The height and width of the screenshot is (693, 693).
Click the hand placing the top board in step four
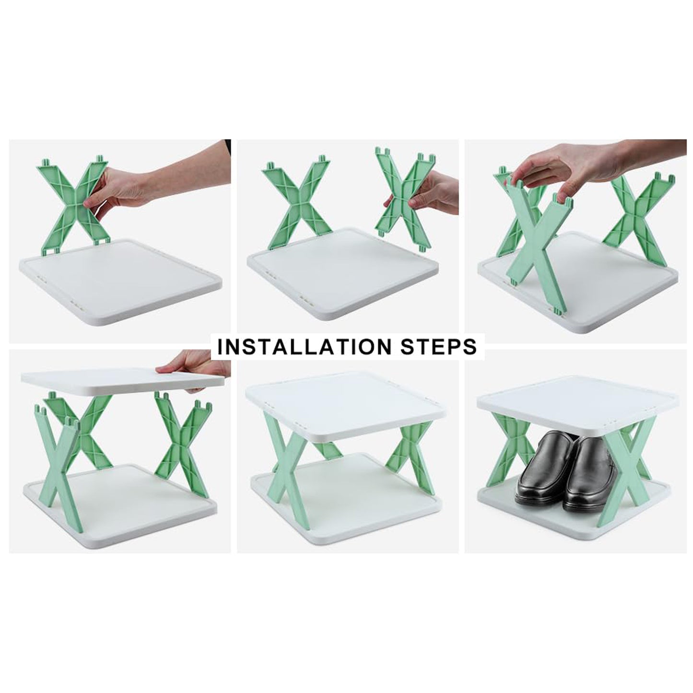(x=192, y=364)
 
